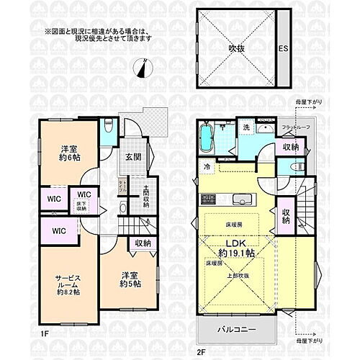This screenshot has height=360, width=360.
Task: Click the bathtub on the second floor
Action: pyautogui.click(x=206, y=138)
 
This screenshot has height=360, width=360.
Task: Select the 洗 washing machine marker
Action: pyautogui.click(x=246, y=129)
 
